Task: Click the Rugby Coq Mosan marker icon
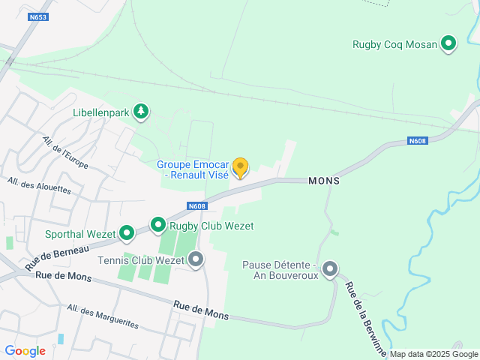(x=448, y=44)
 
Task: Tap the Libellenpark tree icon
(x=140, y=112)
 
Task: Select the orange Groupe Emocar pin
(x=240, y=167)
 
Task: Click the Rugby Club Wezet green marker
(x=158, y=225)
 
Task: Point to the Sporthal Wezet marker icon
(x=127, y=234)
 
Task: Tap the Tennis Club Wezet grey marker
(x=196, y=260)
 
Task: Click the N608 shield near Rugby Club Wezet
(x=196, y=206)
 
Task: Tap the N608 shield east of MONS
(x=417, y=140)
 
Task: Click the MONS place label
(x=324, y=181)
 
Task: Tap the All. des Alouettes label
(x=39, y=185)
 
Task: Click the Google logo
(x=25, y=351)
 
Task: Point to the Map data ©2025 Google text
(x=433, y=354)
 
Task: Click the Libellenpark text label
(x=102, y=113)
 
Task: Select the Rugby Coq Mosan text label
(x=394, y=44)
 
